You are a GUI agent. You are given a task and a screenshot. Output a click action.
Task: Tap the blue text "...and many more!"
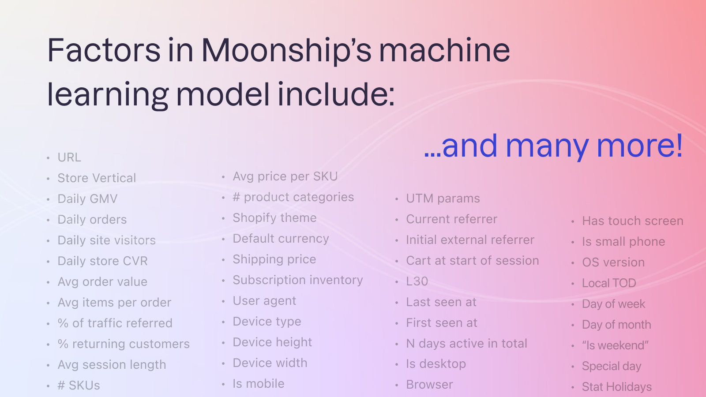coord(553,146)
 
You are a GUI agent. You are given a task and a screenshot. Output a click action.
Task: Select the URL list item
coord(69,157)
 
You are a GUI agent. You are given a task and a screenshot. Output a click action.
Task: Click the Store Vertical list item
coord(97,178)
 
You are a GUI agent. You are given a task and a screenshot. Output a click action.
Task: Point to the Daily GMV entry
coord(87,199)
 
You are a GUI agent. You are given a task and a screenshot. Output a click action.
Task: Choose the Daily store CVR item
coord(102,261)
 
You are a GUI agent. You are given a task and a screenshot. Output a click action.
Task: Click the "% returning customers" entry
coord(124,344)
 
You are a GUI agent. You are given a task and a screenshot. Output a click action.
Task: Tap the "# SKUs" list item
coord(79,386)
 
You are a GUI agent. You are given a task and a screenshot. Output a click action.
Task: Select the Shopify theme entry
coord(274,218)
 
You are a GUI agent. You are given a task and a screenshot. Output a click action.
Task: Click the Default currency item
coord(281,239)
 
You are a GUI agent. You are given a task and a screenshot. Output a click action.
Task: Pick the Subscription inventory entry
coord(298,280)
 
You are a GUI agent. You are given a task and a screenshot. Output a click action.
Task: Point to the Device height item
coord(272,342)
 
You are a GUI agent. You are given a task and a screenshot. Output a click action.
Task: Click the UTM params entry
coord(443,198)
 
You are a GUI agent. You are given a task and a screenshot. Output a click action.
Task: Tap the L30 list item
coord(417,281)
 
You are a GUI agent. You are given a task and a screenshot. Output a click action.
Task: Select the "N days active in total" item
coord(466,344)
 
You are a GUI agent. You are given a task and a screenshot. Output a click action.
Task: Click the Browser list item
coord(429,385)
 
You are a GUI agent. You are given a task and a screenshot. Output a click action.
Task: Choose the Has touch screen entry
coord(632,221)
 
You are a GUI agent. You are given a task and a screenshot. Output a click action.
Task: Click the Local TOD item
coord(609,283)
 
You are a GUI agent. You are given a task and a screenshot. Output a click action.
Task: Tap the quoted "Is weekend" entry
coord(615,345)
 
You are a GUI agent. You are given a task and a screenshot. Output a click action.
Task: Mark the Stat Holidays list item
coord(616,387)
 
